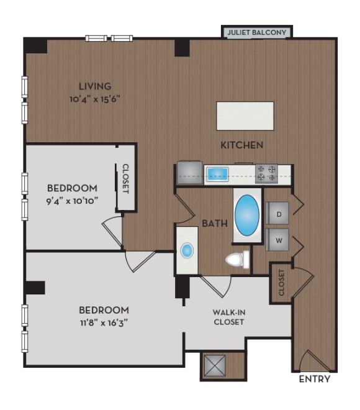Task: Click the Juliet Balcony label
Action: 256,32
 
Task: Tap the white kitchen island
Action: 245,116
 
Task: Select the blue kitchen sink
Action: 218,173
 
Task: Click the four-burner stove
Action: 266,173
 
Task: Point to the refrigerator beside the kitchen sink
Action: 189,172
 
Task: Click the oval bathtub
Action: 247,215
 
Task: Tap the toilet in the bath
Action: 237,259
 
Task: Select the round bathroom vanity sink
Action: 186,250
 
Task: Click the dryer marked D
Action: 279,214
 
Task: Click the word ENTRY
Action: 314,379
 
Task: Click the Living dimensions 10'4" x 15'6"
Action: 95,98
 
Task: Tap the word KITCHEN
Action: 243,145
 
